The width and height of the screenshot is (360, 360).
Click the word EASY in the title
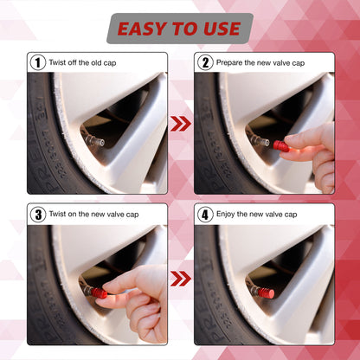(x=144, y=29)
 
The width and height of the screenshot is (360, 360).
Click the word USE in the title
(x=219, y=29)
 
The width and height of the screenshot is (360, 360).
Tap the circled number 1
(x=37, y=62)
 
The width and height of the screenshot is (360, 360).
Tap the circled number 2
(x=205, y=62)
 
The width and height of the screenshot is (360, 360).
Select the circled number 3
(x=37, y=214)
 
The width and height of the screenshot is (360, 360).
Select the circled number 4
(x=205, y=214)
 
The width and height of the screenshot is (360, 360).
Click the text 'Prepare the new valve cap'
(x=260, y=62)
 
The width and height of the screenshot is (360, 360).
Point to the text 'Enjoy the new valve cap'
(x=257, y=214)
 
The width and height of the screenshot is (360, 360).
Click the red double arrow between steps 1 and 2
(x=180, y=124)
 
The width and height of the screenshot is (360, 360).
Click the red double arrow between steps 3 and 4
(x=180, y=279)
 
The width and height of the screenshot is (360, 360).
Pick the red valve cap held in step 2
(x=280, y=145)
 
